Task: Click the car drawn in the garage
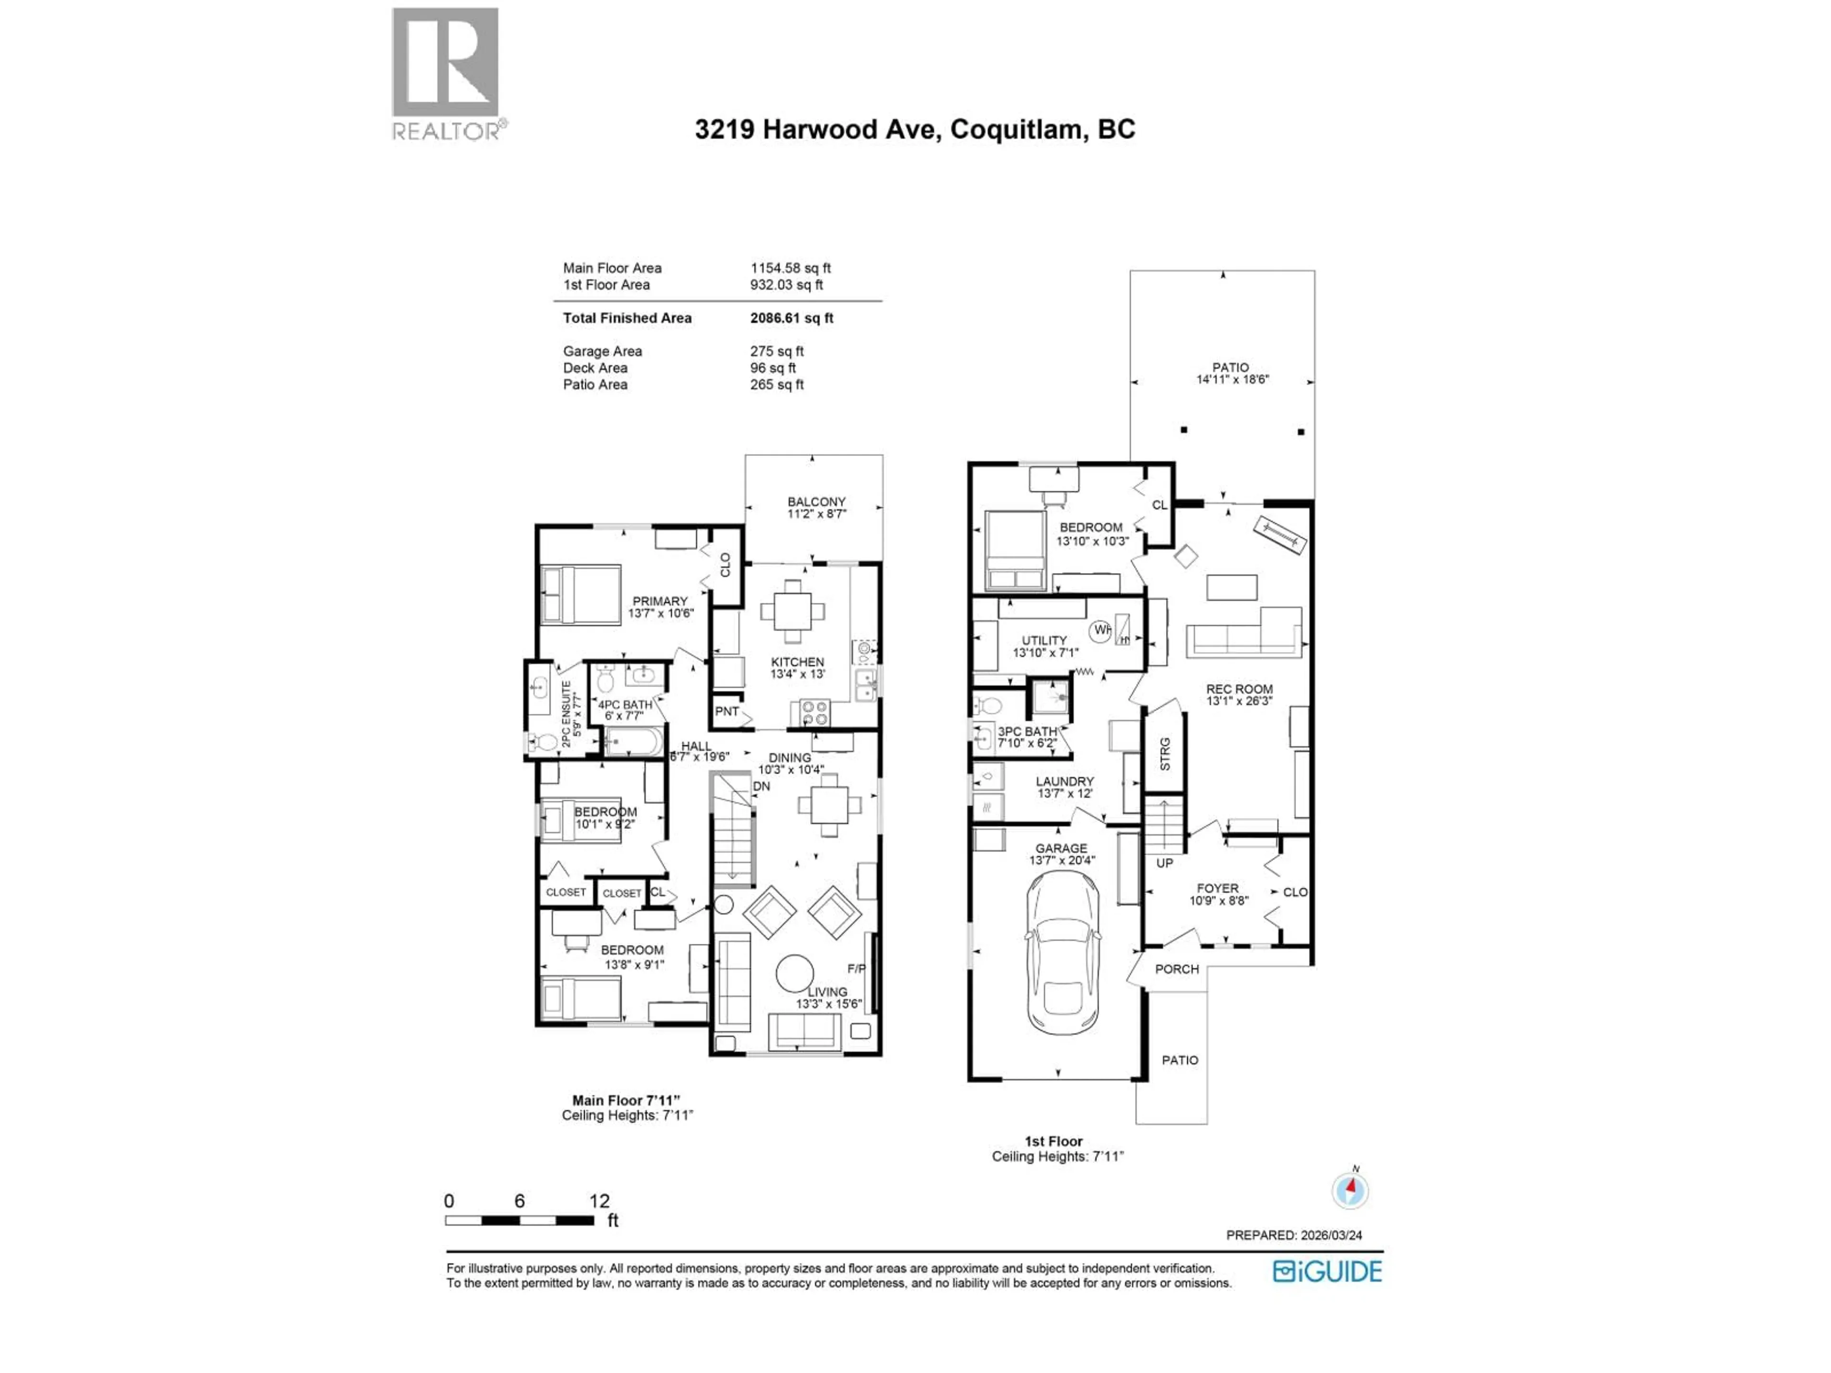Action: [1063, 952]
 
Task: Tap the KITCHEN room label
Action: [797, 662]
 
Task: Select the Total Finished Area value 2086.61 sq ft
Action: [792, 318]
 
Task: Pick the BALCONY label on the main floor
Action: [816, 502]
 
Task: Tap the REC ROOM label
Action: [1239, 688]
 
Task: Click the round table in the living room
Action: [795, 974]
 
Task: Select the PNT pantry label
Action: [727, 711]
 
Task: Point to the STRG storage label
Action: [1165, 754]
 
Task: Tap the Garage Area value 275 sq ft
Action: [776, 351]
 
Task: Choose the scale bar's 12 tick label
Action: [599, 1201]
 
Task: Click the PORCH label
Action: [1176, 969]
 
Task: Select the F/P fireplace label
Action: [856, 968]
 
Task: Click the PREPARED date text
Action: [1294, 1235]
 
